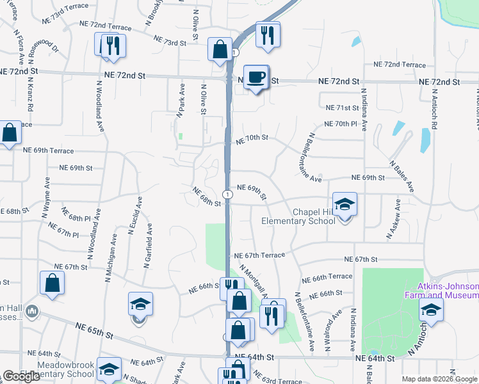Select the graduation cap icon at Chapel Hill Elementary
pyautogui.click(x=345, y=205)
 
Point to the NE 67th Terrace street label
pyautogui.click(x=259, y=255)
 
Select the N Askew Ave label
pyautogui.click(x=393, y=220)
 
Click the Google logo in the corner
pyautogui.click(x=21, y=376)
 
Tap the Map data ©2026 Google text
pyautogui.click(x=439, y=379)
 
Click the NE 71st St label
pyautogui.click(x=340, y=108)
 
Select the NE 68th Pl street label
pyautogui.click(x=76, y=214)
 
